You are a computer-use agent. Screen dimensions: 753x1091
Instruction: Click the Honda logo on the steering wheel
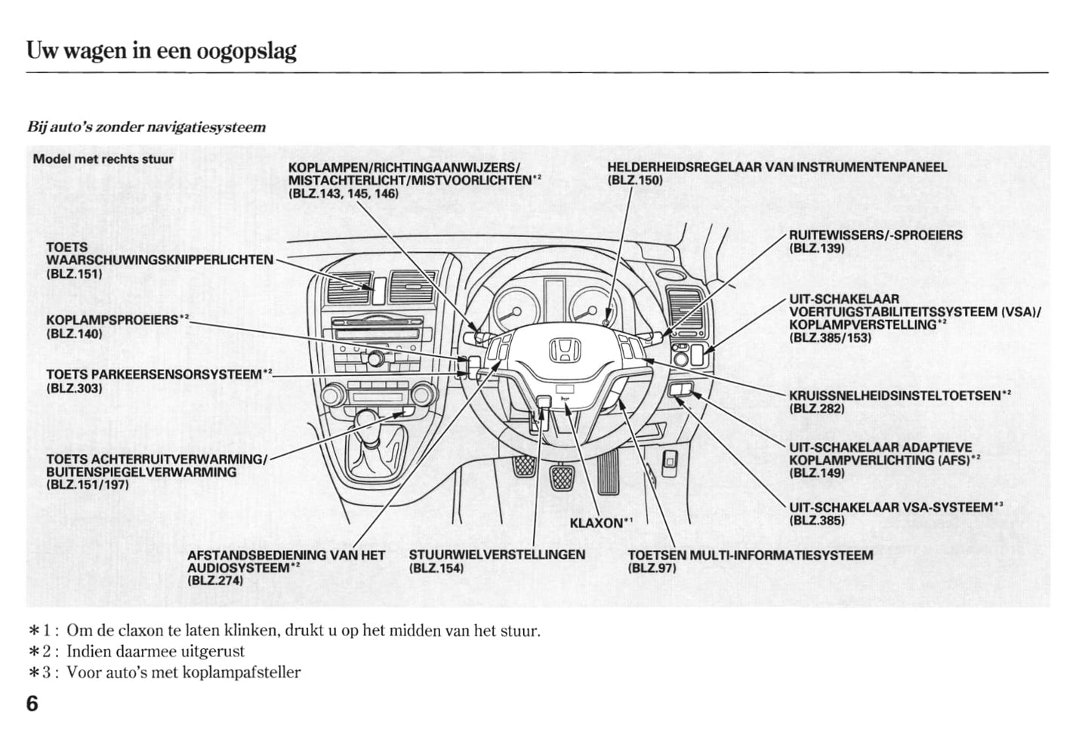coord(563,349)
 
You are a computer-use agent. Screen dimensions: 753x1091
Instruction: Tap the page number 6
coord(32,704)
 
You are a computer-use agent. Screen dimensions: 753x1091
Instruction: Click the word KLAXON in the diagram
coord(596,522)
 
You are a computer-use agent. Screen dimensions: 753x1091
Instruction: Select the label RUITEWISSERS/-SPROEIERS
coord(875,235)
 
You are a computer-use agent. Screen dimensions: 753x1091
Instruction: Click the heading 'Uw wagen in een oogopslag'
coord(162,51)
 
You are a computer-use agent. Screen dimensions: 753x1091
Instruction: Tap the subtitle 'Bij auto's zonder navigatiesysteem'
coord(146,127)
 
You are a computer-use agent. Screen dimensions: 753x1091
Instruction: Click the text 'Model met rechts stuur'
coord(103,159)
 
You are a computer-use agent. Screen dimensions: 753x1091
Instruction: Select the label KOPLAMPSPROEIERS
coord(112,320)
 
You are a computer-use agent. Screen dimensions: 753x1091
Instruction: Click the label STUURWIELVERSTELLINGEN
coord(497,555)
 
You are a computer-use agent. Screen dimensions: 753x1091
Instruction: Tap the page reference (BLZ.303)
coord(74,388)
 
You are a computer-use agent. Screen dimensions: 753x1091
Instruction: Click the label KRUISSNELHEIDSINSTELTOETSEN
coord(895,395)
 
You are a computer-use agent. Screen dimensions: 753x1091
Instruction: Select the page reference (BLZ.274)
coord(215,580)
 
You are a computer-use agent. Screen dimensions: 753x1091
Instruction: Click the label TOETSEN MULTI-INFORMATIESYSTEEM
coord(750,555)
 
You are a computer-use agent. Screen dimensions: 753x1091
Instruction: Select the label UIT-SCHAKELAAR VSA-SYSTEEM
coord(891,508)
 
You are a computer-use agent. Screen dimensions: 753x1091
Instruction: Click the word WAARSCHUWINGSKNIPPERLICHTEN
coord(160,260)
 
